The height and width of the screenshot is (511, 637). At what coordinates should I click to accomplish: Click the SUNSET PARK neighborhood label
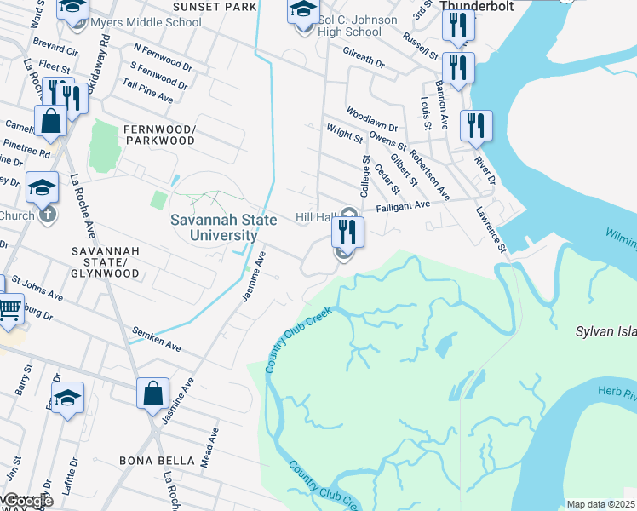[x=214, y=7]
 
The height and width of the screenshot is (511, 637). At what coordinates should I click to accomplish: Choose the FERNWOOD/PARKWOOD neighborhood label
[x=159, y=135]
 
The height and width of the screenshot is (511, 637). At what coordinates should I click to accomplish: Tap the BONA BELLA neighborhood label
[x=157, y=461]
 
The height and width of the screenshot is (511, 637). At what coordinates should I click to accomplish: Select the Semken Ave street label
[x=157, y=338]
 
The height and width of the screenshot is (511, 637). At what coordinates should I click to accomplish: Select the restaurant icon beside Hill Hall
[x=347, y=232]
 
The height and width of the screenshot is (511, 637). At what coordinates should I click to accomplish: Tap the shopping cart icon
[x=10, y=308]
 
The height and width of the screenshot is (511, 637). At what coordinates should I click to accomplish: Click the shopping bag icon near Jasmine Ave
[x=152, y=395]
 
